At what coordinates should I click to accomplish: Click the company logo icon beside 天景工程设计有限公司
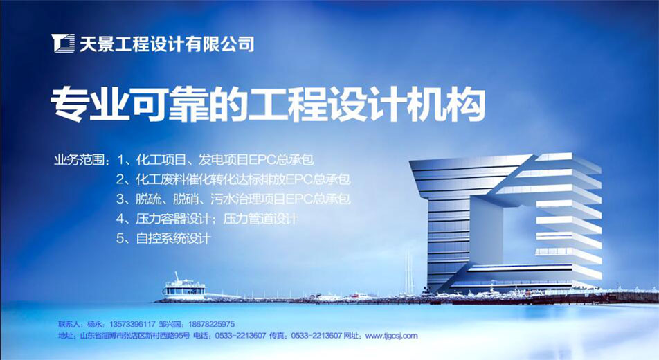click(64, 43)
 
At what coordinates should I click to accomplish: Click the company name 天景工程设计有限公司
click(167, 44)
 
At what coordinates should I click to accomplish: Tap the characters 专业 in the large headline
click(89, 104)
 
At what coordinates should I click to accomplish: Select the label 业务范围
click(79, 160)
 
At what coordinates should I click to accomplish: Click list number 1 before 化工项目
click(121, 160)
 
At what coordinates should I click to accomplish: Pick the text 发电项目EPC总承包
click(256, 160)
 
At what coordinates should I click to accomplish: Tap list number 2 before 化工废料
click(120, 179)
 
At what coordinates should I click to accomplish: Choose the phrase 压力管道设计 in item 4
click(260, 219)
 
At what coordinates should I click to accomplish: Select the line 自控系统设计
click(173, 238)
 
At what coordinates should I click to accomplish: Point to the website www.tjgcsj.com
click(392, 336)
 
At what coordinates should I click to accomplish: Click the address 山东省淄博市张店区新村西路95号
click(135, 336)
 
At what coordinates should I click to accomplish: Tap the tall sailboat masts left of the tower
click(409, 273)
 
